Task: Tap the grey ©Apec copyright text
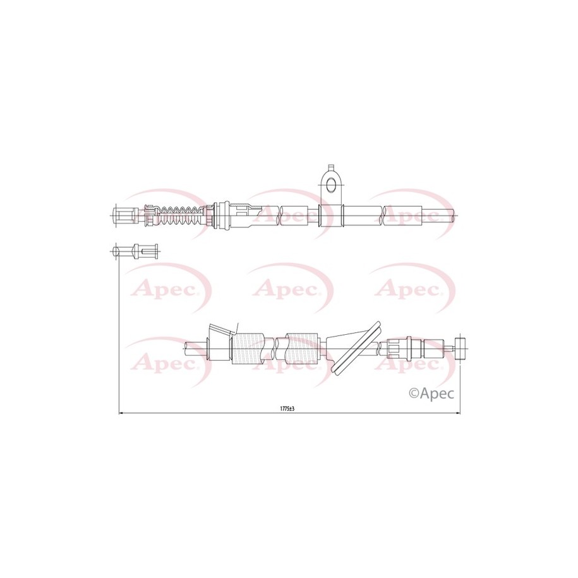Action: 431,394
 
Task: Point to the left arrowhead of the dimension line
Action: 121,413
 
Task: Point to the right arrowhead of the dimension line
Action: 458,413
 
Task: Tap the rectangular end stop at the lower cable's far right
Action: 461,347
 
